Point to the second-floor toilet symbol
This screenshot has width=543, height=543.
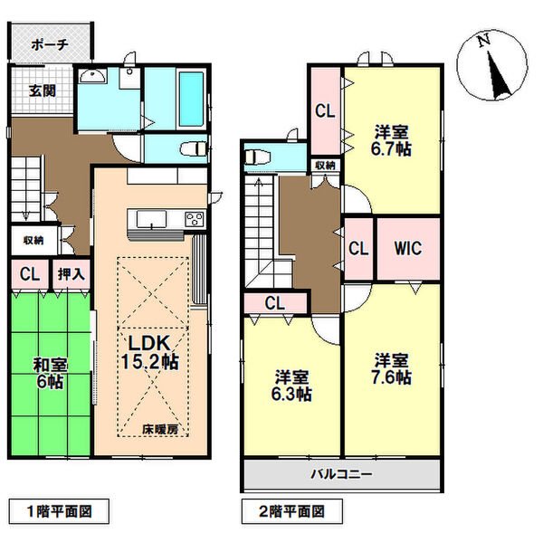pyautogui.click(x=255, y=156)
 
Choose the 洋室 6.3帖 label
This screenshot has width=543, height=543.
pyautogui.click(x=292, y=386)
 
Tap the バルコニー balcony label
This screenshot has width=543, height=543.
pyautogui.click(x=342, y=473)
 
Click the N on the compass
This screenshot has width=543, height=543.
pyautogui.click(x=484, y=39)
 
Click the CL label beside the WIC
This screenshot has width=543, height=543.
pyautogui.click(x=357, y=247)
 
